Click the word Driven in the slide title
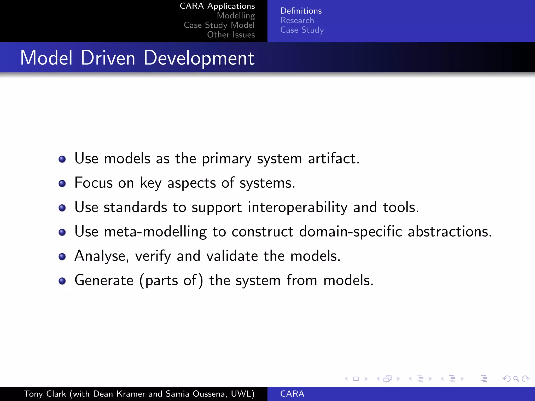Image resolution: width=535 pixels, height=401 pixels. pos(108,58)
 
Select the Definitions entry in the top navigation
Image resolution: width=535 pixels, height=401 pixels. pos(301,11)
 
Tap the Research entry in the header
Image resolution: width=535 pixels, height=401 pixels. pos(297,20)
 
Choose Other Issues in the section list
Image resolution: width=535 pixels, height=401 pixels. pos(231,35)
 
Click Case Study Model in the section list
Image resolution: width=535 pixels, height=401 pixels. pos(219,25)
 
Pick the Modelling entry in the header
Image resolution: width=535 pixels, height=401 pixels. pos(236,16)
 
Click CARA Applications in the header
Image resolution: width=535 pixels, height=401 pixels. pos(217,6)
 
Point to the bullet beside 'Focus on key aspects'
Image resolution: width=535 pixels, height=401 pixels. pos(62,184)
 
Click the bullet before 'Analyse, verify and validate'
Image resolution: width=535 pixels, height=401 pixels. pos(62,257)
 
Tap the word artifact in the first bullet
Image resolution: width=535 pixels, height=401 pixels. pos(334,158)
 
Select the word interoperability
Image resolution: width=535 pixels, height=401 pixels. pos(298,207)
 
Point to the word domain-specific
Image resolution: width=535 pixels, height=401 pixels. pos(350,232)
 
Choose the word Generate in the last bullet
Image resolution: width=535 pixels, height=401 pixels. pos(104,280)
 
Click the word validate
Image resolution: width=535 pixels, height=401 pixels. pos(232,256)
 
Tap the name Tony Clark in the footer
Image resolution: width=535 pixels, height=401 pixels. pos(45,394)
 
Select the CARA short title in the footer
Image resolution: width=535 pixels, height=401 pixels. pos(292,394)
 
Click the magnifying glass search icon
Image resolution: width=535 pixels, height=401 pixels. pos(516,379)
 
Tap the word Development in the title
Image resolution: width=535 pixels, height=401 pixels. pos(199,58)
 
